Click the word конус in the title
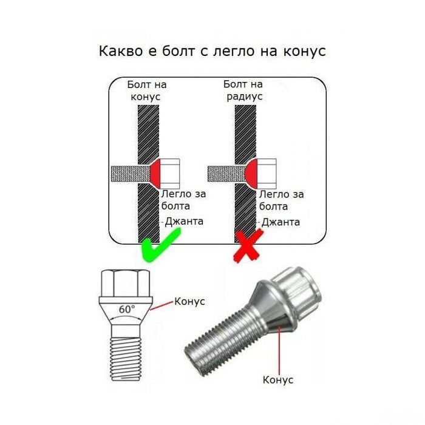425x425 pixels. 304,51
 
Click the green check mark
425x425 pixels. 160,247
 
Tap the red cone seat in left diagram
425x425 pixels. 155,172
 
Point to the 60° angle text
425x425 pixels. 127,309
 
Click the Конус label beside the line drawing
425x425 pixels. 189,301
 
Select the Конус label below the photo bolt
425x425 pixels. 277,379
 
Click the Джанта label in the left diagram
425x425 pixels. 183,221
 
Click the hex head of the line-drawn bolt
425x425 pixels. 126,283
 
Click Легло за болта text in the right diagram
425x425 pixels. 280,200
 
